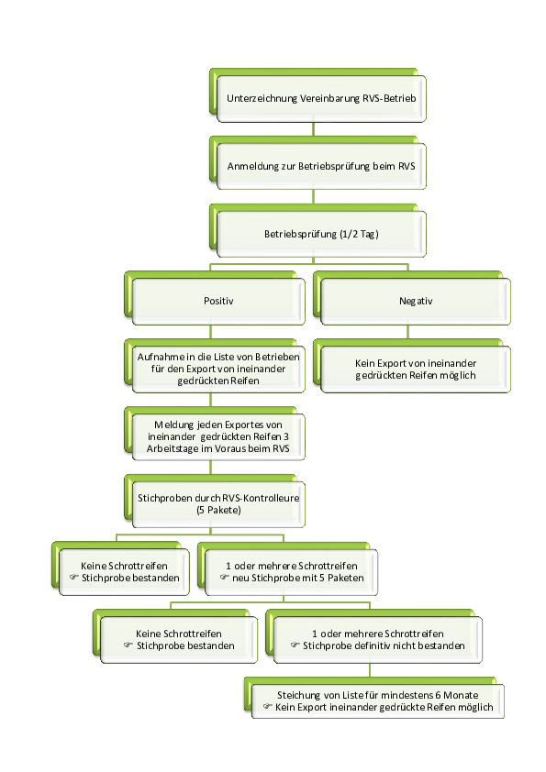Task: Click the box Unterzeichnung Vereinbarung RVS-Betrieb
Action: point(321,98)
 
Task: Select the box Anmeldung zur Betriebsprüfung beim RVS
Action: point(321,167)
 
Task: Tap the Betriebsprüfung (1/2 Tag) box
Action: point(321,234)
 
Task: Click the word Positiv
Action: point(218,301)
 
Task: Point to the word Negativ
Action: point(416,301)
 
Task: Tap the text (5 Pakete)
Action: point(218,510)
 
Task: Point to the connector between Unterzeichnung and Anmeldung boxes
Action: point(313,129)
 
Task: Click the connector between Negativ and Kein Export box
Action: point(407,332)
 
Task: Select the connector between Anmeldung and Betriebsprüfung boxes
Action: point(313,197)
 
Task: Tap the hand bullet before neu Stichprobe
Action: point(224,577)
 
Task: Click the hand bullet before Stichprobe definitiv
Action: point(295,645)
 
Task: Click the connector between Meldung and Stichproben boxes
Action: point(210,468)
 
